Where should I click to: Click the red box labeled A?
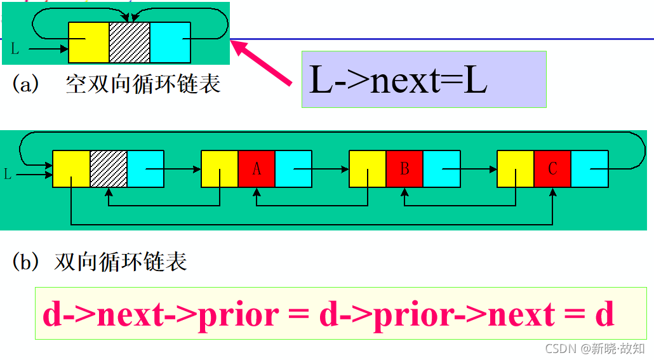coord(257,169)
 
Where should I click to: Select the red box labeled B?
coord(404,169)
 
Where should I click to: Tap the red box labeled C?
coord(552,169)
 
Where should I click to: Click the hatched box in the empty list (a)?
coord(130,42)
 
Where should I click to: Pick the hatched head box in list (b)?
coord(109,169)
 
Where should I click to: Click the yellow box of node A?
coord(220,169)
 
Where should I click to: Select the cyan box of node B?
coord(441,169)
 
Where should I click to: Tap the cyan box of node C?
coord(589,169)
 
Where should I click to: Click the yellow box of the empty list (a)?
coord(89,42)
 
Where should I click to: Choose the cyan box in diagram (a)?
coord(170,42)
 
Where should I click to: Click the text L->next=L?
coord(398,81)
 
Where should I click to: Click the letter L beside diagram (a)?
coord(16,48)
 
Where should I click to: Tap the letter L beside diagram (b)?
coord(8,173)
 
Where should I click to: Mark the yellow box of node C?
coord(516,169)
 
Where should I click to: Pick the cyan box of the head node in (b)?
coord(145,169)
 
